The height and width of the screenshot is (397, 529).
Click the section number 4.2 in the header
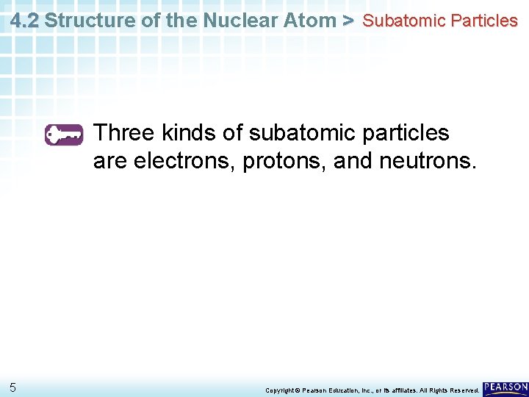click(24, 21)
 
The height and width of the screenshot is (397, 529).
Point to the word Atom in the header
click(312, 21)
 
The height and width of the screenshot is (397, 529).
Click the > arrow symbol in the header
click(348, 21)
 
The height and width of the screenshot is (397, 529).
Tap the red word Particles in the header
click(485, 21)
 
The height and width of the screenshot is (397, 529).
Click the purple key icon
click(64, 135)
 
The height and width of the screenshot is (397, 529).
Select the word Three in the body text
click(124, 133)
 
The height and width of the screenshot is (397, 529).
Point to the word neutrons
click(427, 160)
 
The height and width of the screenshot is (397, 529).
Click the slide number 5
click(13, 387)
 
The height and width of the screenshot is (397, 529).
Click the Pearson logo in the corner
click(505, 387)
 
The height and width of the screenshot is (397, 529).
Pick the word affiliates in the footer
click(413, 390)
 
